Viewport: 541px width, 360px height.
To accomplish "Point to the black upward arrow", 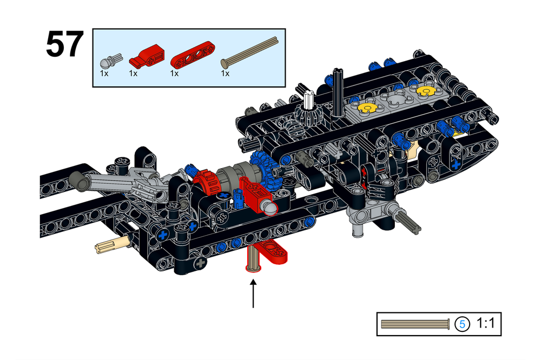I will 253,292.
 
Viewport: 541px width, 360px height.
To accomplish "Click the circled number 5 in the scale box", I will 463,324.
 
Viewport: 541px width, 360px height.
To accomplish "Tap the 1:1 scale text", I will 486,324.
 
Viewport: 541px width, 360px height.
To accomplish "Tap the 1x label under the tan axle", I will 225,73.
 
